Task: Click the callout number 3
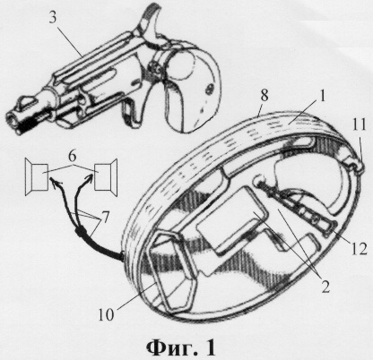pyautogui.click(x=53, y=18)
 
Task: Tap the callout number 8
pyautogui.click(x=264, y=97)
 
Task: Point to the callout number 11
pyautogui.click(x=359, y=125)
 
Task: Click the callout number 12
pyautogui.click(x=359, y=247)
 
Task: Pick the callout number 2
pyautogui.click(x=325, y=286)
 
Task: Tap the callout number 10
pyautogui.click(x=106, y=314)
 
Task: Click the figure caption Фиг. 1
pyautogui.click(x=181, y=347)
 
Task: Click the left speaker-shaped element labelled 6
pyautogui.click(x=37, y=177)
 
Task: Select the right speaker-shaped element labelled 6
pyautogui.click(x=106, y=177)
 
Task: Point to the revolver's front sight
pyautogui.click(x=29, y=99)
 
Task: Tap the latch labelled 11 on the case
pyautogui.click(x=355, y=164)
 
